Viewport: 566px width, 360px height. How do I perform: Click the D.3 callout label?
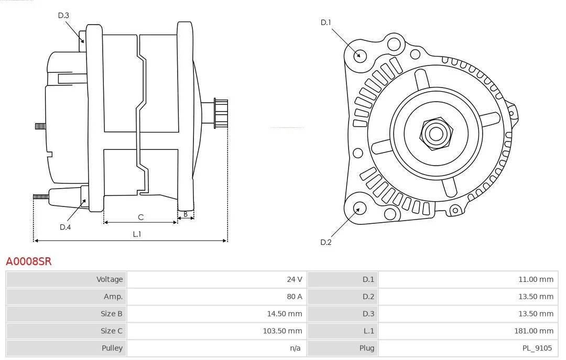tap(63, 16)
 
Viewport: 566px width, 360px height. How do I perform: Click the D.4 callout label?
tap(66, 227)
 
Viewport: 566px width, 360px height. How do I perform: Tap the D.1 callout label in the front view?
tap(326, 23)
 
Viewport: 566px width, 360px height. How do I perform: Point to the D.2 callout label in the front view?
tap(326, 242)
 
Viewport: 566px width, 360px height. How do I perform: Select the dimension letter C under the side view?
tap(141, 217)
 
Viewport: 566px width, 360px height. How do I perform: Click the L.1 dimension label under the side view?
tap(137, 234)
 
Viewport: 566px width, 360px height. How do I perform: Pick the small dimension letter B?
tap(186, 214)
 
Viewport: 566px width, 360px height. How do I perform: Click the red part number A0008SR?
tap(29, 261)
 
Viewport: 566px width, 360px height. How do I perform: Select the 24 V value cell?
tap(217, 279)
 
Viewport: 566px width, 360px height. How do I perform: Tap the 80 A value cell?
tap(217, 297)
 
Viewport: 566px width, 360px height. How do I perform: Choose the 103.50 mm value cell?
tap(217, 331)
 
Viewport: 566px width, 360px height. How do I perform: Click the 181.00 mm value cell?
tap(468, 331)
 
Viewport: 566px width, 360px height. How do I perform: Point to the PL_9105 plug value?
tap(537, 348)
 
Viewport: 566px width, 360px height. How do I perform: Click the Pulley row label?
tap(112, 348)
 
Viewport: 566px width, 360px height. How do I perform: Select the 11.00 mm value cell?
tap(468, 279)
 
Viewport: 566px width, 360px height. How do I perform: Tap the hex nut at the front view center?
tap(436, 134)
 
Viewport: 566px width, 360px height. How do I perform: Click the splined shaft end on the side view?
tap(221, 113)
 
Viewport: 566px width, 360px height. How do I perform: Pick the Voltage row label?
tap(110, 279)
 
